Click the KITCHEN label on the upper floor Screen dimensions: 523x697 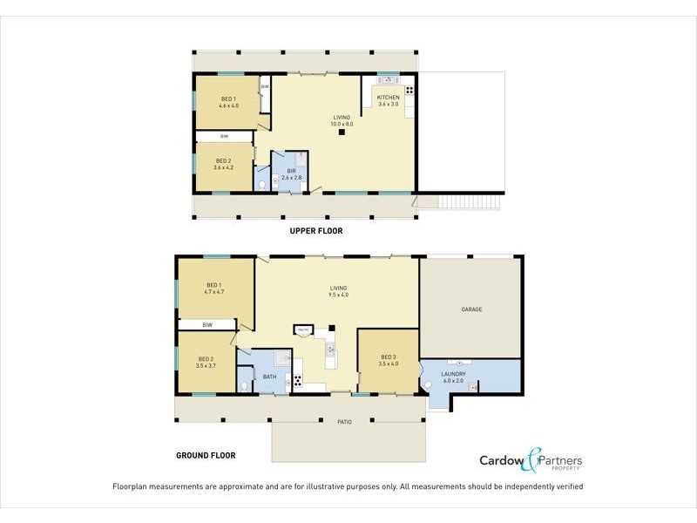click(x=389, y=97)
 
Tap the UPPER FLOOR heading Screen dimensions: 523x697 click(x=316, y=231)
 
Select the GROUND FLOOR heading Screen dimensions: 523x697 click(x=206, y=454)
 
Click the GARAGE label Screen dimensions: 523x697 click(x=471, y=309)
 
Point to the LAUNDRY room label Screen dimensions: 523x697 click(x=454, y=374)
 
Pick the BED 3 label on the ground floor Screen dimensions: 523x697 click(x=389, y=357)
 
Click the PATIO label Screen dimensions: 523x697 click(x=344, y=422)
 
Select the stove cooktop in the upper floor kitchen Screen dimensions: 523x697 click(x=408, y=90)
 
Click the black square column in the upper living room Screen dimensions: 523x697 click(x=342, y=132)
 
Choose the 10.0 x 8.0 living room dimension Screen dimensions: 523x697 click(x=342, y=124)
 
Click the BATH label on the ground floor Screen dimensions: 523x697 click(x=269, y=377)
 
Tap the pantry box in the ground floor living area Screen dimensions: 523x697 click(x=304, y=329)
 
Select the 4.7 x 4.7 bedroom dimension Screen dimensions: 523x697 click(x=214, y=291)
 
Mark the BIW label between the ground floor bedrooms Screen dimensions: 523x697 click(x=207, y=325)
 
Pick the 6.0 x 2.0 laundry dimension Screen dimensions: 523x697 click(x=454, y=381)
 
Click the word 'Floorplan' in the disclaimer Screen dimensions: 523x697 click(x=135, y=486)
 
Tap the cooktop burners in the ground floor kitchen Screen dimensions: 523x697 click(x=296, y=379)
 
